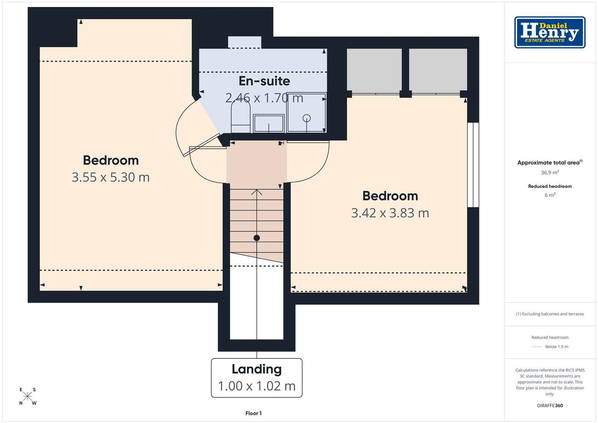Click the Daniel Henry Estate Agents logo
coord(550,32)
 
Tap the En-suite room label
coord(264,81)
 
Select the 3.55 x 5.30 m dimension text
coord(110,177)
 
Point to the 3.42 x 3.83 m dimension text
coord(390,213)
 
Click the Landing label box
coord(257,378)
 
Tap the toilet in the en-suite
coord(240,117)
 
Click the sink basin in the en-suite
coord(269,123)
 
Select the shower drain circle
coord(307,118)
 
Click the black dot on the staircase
coord(257,238)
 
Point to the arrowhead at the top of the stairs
coord(257,192)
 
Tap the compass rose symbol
coord(27,396)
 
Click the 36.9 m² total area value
coord(550,172)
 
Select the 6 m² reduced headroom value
coord(550,195)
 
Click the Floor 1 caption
coord(253,413)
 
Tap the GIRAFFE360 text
coord(550,405)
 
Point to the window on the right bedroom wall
coord(473,165)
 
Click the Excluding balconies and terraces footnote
coord(550,314)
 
